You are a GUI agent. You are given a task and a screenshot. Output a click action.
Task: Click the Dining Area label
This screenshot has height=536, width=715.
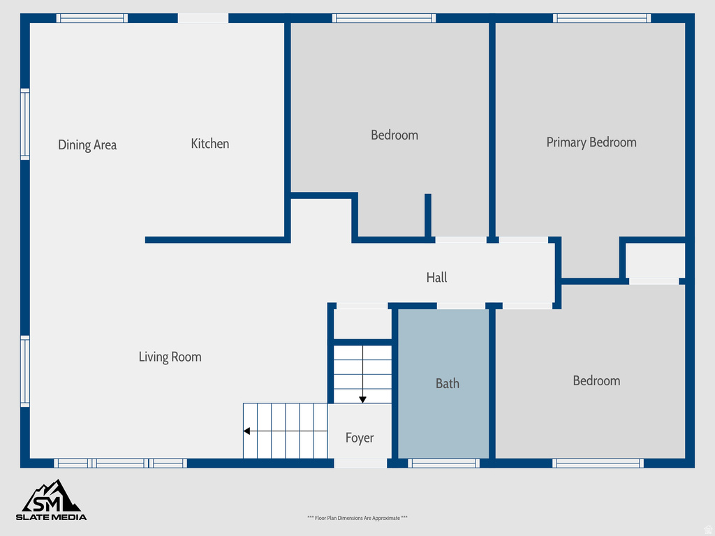tap(87, 145)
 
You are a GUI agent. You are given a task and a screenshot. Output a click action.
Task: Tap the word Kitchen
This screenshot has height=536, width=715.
tap(210, 144)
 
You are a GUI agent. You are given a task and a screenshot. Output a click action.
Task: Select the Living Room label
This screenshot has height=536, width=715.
tap(170, 357)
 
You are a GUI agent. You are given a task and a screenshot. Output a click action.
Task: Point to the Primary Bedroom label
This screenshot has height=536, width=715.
tap(591, 142)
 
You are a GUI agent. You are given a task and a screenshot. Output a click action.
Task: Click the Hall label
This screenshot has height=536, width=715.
tap(436, 278)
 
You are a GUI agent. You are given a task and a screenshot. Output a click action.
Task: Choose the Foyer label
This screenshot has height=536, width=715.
tap(360, 438)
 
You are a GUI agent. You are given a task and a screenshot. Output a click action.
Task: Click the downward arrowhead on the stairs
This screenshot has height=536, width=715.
tap(363, 399)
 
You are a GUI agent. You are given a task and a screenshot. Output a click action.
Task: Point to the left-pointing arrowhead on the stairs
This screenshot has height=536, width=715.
tap(247, 431)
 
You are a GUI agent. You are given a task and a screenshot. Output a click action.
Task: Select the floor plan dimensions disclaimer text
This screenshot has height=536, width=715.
tap(357, 518)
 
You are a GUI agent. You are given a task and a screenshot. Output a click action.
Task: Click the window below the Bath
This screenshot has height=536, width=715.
tap(443, 463)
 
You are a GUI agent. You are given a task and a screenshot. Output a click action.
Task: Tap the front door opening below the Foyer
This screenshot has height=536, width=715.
tap(360, 463)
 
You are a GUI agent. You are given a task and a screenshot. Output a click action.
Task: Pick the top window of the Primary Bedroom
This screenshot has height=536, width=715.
tap(602, 18)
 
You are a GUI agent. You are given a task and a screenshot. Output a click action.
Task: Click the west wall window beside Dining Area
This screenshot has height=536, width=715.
tap(25, 124)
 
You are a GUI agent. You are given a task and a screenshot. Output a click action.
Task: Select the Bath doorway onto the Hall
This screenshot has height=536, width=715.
tap(461, 306)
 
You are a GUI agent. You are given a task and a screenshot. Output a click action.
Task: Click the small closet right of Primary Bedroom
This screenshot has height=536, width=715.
tap(654, 260)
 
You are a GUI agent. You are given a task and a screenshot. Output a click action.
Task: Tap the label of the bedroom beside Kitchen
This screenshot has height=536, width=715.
tap(395, 135)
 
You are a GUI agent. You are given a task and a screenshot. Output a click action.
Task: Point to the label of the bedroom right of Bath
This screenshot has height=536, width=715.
tap(596, 381)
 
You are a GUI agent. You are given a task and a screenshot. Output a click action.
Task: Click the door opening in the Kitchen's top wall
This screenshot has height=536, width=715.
tap(203, 18)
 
